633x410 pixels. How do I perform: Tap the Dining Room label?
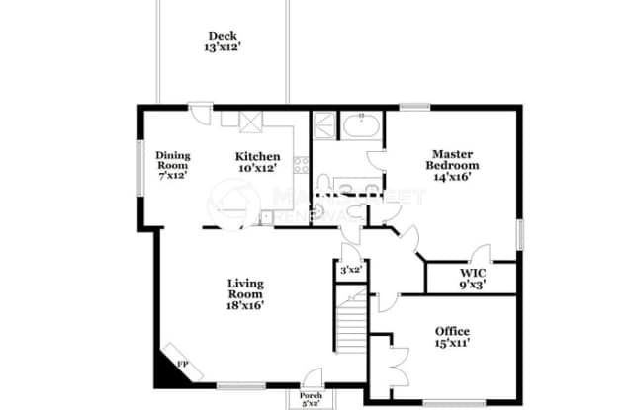pyautogui.click(x=172, y=163)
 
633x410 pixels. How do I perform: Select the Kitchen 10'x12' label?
pyautogui.click(x=256, y=162)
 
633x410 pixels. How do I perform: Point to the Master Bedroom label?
pyautogui.click(x=453, y=165)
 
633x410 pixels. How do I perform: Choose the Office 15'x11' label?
pyautogui.click(x=452, y=337)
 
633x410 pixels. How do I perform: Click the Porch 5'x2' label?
pyautogui.click(x=311, y=399)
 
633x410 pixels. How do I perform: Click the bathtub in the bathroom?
pyautogui.click(x=357, y=126)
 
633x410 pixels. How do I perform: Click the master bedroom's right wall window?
pyautogui.click(x=518, y=234)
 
